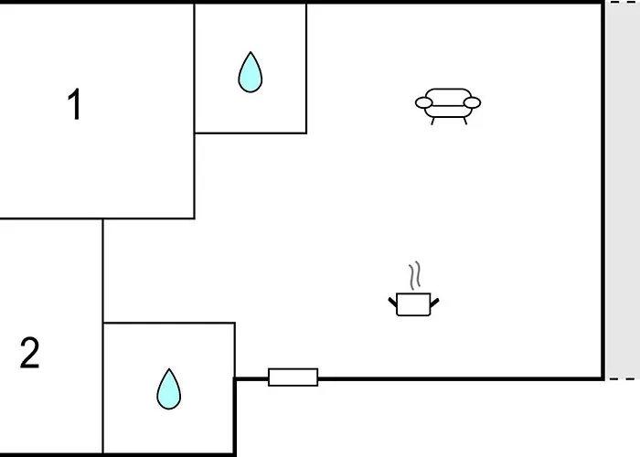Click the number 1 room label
click(75, 105)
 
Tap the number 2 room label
click(30, 354)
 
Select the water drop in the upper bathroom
click(250, 72)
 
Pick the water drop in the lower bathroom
click(168, 388)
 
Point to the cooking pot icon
click(413, 303)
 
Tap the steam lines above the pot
click(415, 274)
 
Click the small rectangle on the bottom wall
click(293, 377)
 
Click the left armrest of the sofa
click(423, 102)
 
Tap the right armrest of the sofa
click(472, 102)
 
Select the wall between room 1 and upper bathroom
click(195, 69)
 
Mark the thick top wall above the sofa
click(447, 3)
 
